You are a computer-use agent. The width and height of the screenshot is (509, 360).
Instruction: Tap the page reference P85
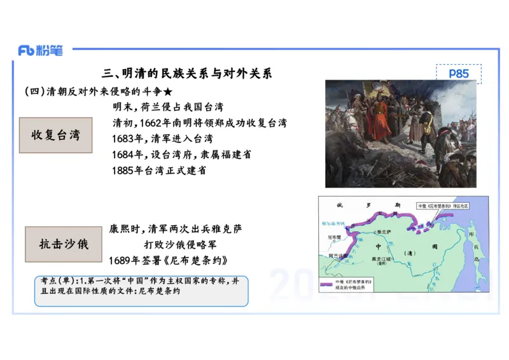click(458, 74)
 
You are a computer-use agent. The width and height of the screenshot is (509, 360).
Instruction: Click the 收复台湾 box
click(56, 135)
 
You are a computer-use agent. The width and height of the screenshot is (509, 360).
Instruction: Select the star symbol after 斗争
click(168, 92)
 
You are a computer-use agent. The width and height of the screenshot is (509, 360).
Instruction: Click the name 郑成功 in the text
click(230, 123)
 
